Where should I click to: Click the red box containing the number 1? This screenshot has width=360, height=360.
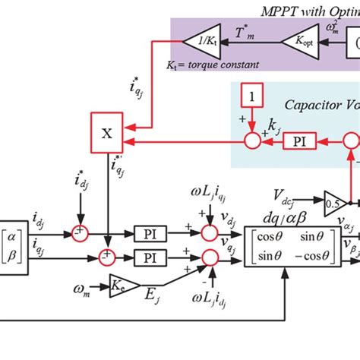250,96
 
